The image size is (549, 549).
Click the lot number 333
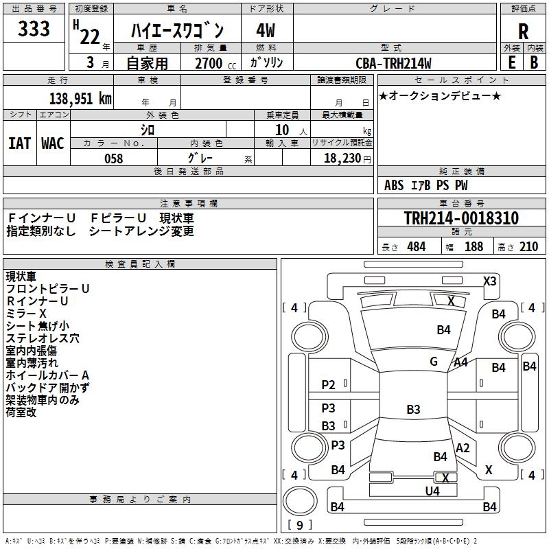34,29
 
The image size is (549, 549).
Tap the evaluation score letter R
523,32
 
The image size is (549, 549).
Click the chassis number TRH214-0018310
461,218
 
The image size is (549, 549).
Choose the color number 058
113,159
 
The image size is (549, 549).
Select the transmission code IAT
20,143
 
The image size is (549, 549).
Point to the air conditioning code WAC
53,143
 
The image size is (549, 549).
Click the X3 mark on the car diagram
490,281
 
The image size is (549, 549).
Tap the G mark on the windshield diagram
434,362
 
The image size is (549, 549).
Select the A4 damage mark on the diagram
461,362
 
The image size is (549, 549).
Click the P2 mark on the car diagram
329,385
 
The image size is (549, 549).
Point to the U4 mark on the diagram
432,491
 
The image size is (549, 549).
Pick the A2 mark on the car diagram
463,448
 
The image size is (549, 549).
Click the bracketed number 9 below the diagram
300,525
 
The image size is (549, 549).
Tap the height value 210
528,247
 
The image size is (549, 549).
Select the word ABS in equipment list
394,185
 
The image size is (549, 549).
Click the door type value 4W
266,30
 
